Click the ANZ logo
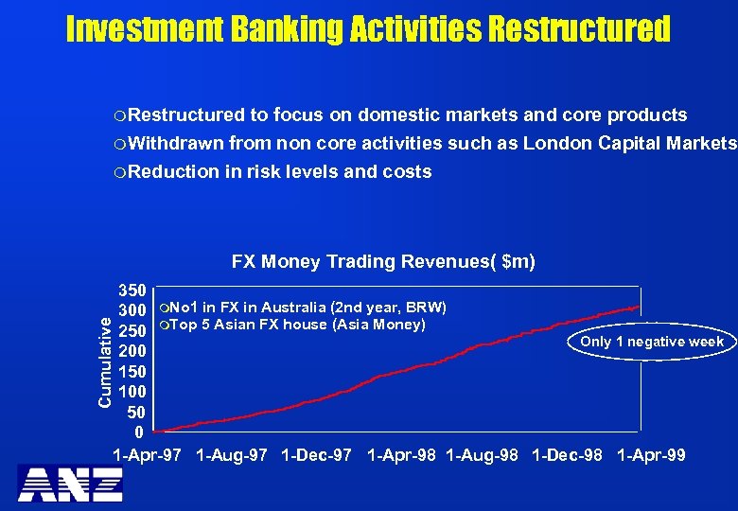70,484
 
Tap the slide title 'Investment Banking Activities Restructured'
368,29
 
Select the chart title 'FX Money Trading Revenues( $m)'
383,261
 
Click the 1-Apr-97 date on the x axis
147,456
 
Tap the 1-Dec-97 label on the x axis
316,456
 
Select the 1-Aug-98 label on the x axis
482,456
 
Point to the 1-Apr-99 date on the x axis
651,456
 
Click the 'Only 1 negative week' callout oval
652,342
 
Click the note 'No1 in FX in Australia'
251,308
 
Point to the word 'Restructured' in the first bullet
186,115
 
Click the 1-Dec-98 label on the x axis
567,456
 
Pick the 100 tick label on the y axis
132,393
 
